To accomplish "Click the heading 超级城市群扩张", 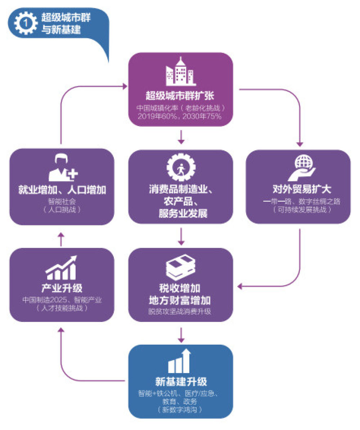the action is [180, 96].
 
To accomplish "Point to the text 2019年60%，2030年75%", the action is [180, 116].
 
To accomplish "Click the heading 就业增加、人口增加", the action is [62, 190].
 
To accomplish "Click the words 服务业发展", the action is [183, 213].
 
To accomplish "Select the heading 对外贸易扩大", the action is [302, 189].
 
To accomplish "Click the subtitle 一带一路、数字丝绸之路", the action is [302, 202].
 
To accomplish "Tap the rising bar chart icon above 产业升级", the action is [61, 268].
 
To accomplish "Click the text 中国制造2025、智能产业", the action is [62, 300].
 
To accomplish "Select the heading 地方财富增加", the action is [180, 300].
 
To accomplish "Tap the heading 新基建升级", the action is [181, 381].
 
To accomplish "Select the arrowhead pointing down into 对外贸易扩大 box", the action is [300, 144].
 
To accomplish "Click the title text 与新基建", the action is [61, 29].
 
